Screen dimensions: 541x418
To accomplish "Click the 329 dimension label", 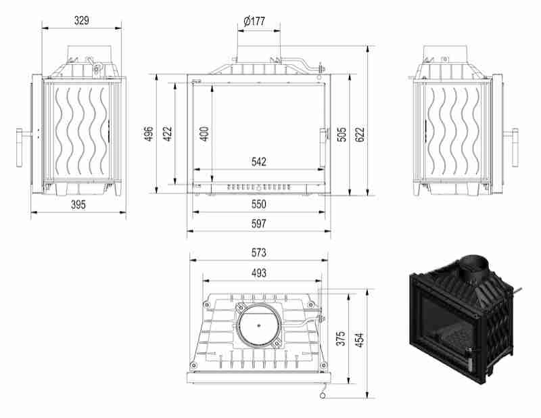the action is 81,20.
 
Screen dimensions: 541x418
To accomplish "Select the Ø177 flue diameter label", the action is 254,22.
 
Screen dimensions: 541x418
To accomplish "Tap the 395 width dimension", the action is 78,204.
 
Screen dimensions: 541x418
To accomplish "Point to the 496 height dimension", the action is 148,133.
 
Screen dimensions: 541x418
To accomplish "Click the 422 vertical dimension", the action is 167,133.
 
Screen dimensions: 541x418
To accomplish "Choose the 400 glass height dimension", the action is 204,134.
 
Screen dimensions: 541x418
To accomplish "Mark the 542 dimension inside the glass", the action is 259,162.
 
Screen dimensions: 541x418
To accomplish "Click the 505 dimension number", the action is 342,135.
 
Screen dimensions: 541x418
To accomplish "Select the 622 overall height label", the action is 360,135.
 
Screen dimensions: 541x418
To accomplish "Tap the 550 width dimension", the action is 259,204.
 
